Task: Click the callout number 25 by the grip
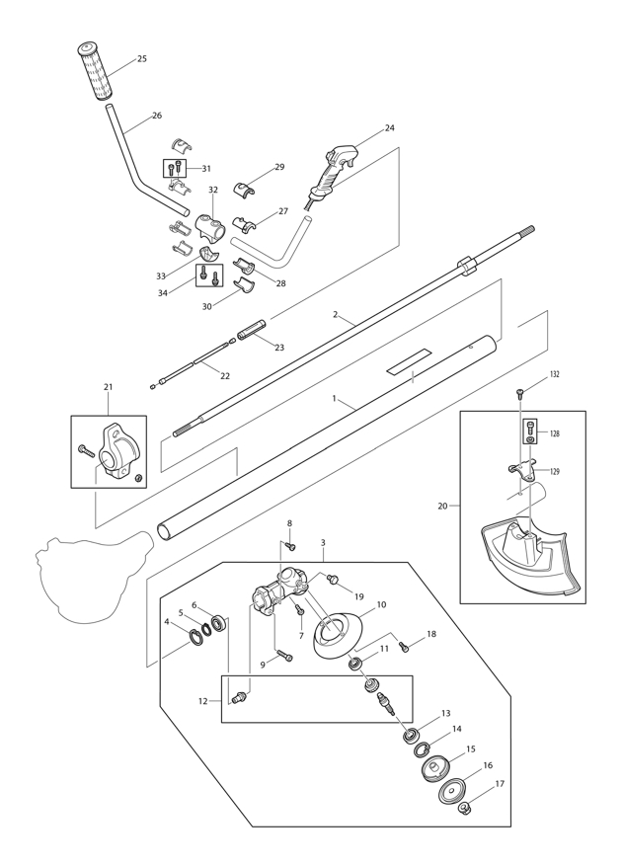(142, 59)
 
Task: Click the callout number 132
(555, 375)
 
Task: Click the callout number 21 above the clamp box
(108, 387)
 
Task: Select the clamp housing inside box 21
(120, 452)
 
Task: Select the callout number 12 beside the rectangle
(202, 701)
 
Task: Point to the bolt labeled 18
(403, 647)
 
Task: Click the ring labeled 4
(196, 633)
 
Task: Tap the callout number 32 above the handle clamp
(213, 190)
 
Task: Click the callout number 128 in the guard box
(555, 433)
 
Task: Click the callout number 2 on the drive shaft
(336, 315)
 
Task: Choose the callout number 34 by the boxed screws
(162, 293)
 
